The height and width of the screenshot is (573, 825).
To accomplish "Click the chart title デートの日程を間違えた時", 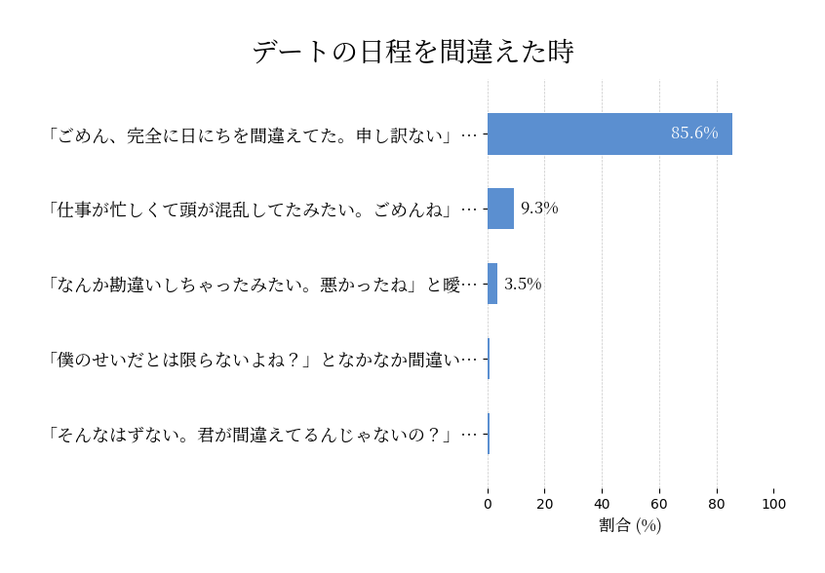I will [x=412, y=52].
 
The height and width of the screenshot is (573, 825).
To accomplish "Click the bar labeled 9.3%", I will [x=500, y=209].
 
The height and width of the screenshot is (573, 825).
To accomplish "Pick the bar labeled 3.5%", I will [x=492, y=284].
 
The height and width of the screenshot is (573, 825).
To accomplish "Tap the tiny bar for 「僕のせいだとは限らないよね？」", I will [x=489, y=359].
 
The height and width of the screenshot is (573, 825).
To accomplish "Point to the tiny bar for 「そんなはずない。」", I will [x=489, y=434].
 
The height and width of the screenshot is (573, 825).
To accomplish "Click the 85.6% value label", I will [x=694, y=134].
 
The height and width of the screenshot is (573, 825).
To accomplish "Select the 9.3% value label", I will [x=539, y=209].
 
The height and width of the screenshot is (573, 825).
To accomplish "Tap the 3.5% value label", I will [x=523, y=284].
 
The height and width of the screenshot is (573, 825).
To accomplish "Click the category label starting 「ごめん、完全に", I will [x=261, y=134].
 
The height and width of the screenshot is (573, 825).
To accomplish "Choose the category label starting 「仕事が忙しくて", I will [x=261, y=210].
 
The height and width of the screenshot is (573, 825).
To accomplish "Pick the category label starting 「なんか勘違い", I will [x=261, y=285].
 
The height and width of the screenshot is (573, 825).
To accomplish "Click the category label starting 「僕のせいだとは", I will [x=261, y=360].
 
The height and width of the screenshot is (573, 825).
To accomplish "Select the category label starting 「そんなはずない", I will [x=261, y=435].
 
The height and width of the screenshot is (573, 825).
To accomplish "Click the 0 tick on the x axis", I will [x=488, y=504].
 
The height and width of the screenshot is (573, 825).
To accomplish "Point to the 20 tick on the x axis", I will [x=545, y=504].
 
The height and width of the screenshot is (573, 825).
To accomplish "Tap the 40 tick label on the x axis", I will [x=603, y=504].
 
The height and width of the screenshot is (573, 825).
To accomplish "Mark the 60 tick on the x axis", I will [x=659, y=504].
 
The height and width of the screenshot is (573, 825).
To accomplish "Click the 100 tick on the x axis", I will [x=774, y=504].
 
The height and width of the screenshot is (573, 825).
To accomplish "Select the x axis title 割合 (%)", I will [x=630, y=525].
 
